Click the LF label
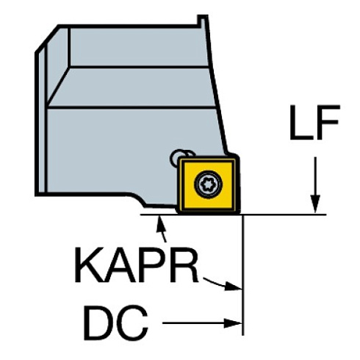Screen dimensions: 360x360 coord(313,124)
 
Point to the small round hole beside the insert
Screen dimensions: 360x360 coord(177,155)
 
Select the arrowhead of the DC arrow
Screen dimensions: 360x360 coord(236,322)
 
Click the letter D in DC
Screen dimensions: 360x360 coord(98,321)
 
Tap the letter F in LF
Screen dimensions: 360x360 coord(327,124)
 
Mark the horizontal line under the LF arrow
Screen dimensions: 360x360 coord(294,215)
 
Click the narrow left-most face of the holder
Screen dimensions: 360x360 coord(41,118)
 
